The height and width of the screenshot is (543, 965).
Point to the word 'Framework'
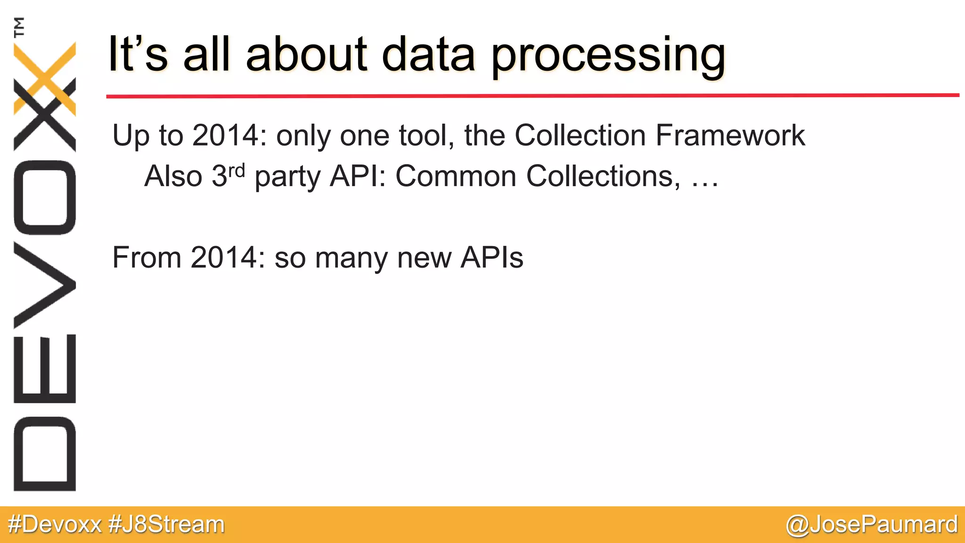730,136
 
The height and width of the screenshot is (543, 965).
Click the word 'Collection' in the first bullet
580,136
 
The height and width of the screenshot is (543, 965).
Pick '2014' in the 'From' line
224,258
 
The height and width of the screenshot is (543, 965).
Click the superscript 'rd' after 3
237,170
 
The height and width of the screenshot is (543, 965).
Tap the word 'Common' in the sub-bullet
456,176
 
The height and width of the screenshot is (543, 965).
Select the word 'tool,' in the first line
426,136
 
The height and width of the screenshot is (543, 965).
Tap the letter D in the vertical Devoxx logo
45,453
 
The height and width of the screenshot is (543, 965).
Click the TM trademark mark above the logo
19,27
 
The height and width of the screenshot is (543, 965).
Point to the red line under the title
532,96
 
